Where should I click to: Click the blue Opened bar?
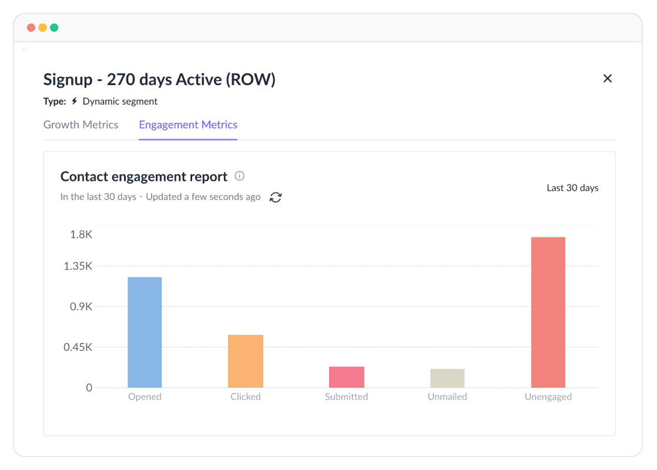click(145, 332)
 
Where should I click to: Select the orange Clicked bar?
click(246, 361)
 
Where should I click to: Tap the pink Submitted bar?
click(347, 377)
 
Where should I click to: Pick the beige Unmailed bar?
click(447, 378)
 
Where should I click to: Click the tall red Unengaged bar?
click(548, 312)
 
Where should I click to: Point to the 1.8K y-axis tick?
click(82, 234)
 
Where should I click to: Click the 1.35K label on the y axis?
click(78, 266)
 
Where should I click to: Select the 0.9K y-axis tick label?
click(82, 307)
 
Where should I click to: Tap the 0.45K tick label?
click(78, 347)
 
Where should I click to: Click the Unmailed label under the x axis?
click(447, 397)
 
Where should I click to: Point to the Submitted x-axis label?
click(346, 397)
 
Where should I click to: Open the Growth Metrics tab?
click(81, 125)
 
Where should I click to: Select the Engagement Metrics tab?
click(188, 125)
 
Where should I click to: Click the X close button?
click(608, 78)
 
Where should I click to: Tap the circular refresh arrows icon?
click(276, 197)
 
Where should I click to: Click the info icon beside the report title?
click(239, 176)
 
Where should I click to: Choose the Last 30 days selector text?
click(572, 188)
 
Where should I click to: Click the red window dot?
click(31, 28)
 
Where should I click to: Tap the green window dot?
click(54, 28)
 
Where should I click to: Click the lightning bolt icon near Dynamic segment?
click(74, 101)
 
